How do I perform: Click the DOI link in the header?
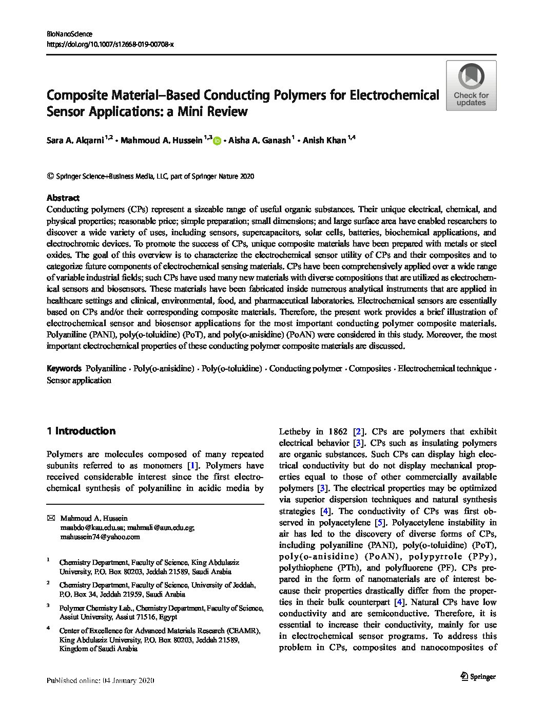pos(110,45)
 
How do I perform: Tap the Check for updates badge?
pos(471,85)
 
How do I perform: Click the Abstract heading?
pos(63,198)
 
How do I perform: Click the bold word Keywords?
pos(64,369)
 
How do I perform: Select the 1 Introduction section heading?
pos(81,431)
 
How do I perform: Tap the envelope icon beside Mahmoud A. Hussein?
pos(50,518)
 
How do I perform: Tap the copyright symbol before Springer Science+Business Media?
pos(50,176)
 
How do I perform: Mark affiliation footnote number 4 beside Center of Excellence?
pos(48,628)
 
